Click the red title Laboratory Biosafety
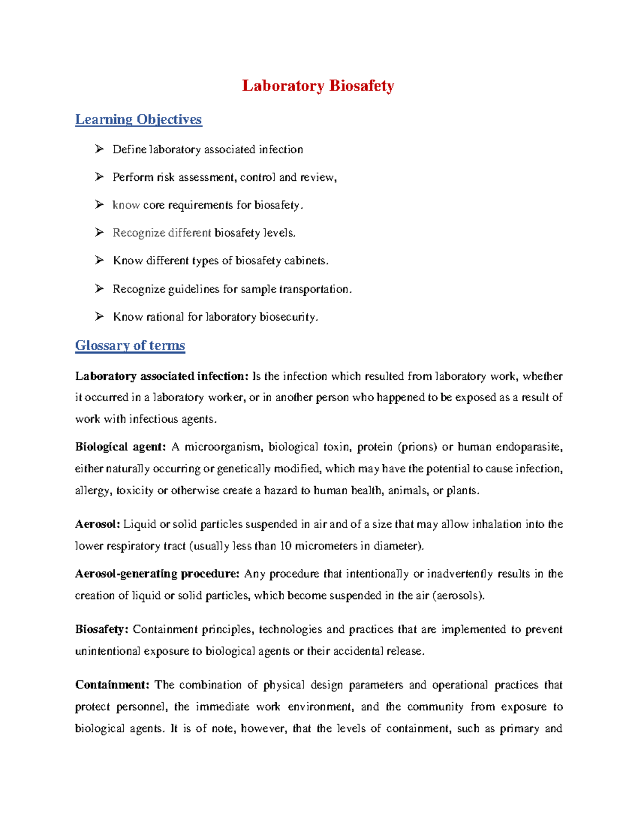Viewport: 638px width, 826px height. click(318, 86)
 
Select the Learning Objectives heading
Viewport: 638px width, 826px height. click(138, 119)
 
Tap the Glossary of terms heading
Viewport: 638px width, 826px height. click(130, 345)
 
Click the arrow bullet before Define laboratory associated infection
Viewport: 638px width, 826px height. click(99, 149)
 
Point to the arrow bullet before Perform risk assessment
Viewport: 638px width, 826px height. click(99, 177)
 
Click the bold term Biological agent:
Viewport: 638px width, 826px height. click(121, 447)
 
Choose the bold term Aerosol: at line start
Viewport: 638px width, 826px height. click(98, 524)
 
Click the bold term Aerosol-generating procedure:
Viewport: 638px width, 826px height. click(157, 574)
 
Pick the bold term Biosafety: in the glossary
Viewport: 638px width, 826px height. click(102, 630)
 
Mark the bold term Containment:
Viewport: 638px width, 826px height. click(112, 685)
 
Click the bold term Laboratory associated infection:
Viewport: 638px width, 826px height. click(162, 377)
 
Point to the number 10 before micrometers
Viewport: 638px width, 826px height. click(286, 546)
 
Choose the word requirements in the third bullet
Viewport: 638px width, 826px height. click(200, 205)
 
